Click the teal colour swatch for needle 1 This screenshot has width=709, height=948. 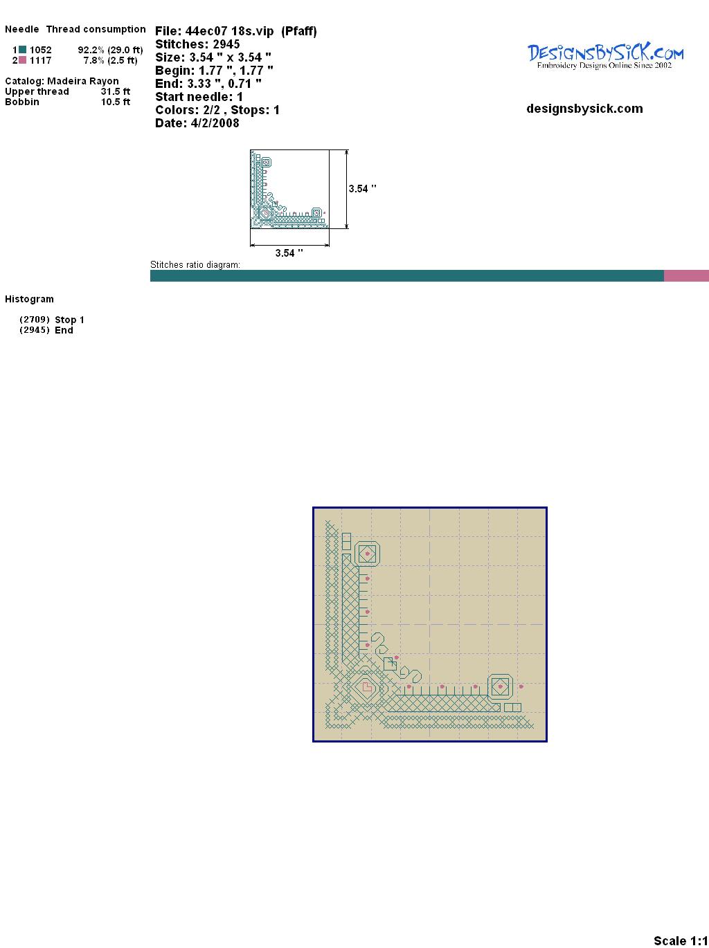click(22, 50)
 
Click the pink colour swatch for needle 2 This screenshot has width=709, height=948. click(22, 60)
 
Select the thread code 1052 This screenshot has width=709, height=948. click(41, 50)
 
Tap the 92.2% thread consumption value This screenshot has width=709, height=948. click(91, 50)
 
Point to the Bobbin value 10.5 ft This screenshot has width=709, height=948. click(116, 102)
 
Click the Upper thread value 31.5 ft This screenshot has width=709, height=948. click(116, 91)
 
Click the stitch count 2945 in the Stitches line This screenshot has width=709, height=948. click(226, 44)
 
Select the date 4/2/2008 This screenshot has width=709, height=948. click(215, 123)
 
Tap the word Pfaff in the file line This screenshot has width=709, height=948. click(299, 31)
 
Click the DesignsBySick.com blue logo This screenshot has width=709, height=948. click(605, 56)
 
